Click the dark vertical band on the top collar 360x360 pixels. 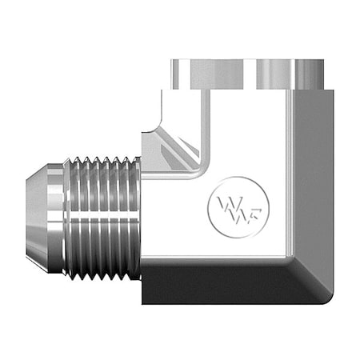click(x=256, y=74)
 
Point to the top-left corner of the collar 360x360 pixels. click(x=170, y=61)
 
